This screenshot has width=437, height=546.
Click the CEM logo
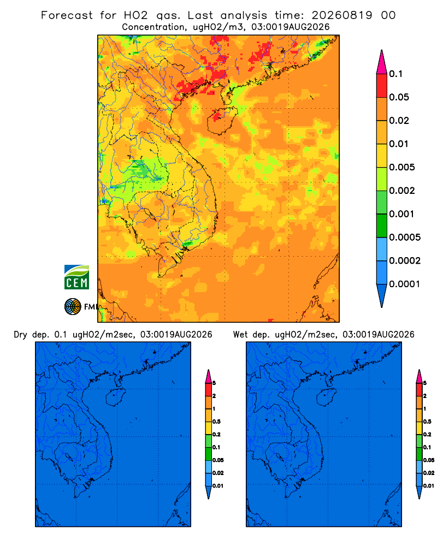tap(76, 277)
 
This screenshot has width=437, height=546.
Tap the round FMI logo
tap(73, 306)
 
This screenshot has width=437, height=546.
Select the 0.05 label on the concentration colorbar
tap(399, 97)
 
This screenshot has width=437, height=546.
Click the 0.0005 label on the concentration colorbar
tap(405, 238)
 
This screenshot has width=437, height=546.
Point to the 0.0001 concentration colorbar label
tap(405, 284)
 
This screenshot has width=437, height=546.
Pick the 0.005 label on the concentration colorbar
tap(402, 167)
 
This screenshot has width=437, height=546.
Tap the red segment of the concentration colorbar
tap(382, 85)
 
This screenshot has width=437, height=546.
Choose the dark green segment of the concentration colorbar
tap(382, 225)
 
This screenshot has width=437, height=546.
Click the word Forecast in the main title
tap(67, 15)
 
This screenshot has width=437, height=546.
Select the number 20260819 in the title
tap(341, 15)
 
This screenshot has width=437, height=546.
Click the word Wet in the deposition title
tap(240, 335)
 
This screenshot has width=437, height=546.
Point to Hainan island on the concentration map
tap(222, 120)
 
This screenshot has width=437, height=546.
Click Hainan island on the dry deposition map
tap(115, 397)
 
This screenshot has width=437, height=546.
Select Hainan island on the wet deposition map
tap(326, 397)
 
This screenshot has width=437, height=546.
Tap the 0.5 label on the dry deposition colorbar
tap(216, 422)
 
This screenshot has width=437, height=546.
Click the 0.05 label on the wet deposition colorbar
tap(429, 460)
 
